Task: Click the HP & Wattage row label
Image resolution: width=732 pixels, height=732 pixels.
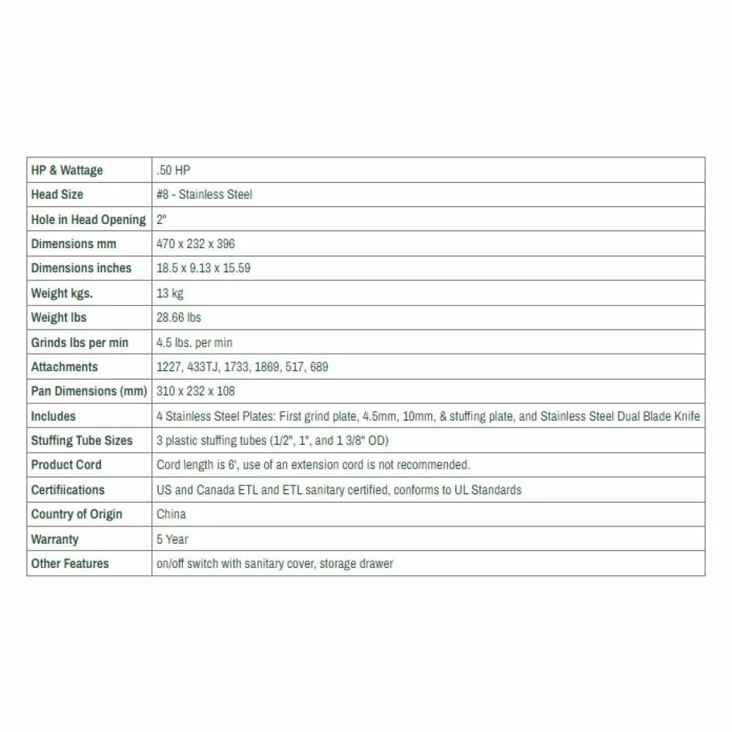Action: click(67, 171)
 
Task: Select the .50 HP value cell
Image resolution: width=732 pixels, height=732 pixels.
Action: click(173, 171)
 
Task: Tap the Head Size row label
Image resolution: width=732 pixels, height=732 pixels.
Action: click(57, 195)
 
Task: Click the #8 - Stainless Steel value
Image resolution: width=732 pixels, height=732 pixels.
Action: click(204, 195)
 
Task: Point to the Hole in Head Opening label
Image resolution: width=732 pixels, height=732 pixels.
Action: click(88, 220)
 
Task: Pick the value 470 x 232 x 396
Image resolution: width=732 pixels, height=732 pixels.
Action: click(195, 244)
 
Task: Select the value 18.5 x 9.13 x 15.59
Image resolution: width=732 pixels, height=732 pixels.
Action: click(203, 268)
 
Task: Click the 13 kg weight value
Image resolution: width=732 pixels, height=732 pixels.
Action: click(170, 294)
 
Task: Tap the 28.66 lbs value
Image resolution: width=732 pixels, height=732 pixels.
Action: click(179, 318)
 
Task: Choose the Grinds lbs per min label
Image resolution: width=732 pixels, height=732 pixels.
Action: click(80, 343)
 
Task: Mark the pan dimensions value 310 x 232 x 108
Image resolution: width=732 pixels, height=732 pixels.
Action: click(195, 391)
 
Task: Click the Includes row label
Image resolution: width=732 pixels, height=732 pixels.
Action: click(53, 416)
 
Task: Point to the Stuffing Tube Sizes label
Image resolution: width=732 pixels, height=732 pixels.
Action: click(81, 441)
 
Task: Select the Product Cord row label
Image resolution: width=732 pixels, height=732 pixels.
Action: click(66, 465)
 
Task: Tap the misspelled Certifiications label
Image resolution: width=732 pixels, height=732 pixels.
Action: click(67, 490)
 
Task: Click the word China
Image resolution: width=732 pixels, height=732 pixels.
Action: click(171, 514)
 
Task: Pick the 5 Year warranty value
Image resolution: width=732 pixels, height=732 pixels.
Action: click(172, 539)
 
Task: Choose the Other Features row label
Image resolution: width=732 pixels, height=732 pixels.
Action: click(70, 564)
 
